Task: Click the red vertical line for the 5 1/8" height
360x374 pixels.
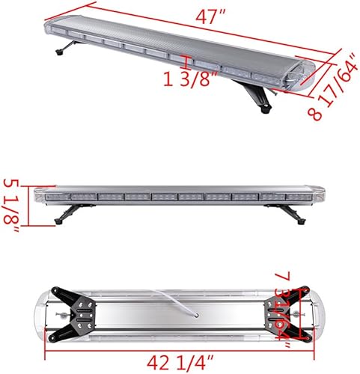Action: pos(28,203)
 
